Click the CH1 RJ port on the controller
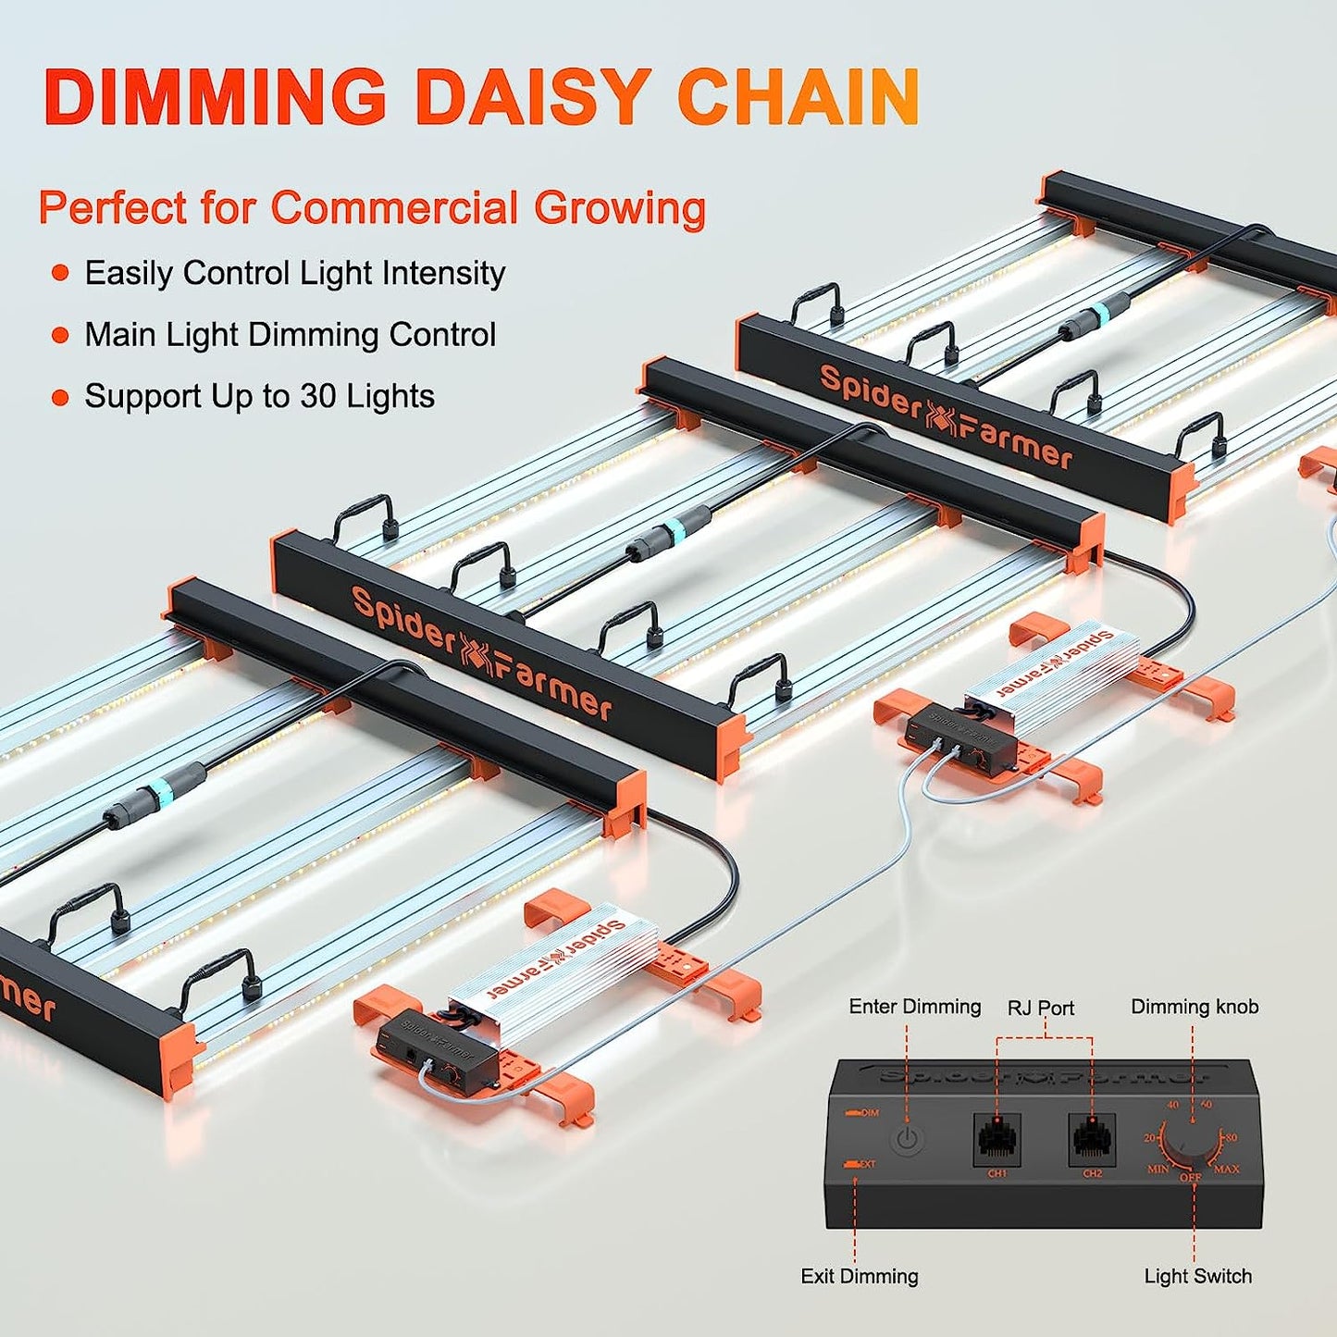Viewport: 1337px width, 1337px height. coord(997,1140)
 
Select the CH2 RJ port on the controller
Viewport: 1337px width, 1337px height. coord(1092,1140)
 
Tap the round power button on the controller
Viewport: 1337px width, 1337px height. coord(908,1139)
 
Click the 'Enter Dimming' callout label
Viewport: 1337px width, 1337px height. coord(914,1007)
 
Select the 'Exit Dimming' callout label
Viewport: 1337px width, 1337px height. coord(860,1276)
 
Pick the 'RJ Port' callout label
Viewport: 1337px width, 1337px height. coord(1041,1008)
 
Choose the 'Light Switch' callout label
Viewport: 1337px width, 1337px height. coord(1197,1276)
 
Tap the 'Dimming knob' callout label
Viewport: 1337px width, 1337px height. coord(1195,1007)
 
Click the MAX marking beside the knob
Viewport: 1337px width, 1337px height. coord(1227,1170)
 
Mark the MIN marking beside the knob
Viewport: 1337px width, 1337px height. coord(1157,1170)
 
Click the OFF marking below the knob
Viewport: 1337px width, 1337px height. coord(1190,1178)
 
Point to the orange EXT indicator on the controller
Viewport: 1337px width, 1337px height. coord(861,1164)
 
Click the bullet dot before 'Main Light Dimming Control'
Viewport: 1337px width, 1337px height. coord(60,336)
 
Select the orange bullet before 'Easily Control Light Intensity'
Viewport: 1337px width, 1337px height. coord(60,274)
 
